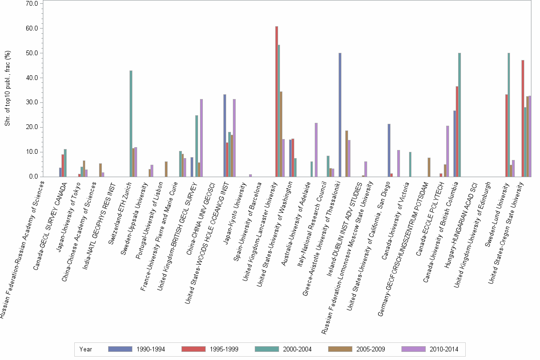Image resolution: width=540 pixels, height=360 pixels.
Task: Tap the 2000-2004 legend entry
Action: click(283, 349)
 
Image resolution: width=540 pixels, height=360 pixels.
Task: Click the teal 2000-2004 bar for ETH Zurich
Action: click(131, 124)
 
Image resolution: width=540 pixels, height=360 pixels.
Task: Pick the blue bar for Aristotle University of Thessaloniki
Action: click(340, 115)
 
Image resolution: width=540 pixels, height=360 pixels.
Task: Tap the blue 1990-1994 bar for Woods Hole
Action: click(225, 136)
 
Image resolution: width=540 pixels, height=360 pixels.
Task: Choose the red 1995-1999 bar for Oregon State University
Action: click(523, 119)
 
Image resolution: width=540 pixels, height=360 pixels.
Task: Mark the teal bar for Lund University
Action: click(509, 115)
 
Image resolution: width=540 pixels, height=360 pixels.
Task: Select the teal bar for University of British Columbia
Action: click(460, 115)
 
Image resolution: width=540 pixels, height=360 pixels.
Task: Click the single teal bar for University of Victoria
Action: click(410, 164)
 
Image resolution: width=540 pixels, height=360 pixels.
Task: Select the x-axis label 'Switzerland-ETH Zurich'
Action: click(127, 211)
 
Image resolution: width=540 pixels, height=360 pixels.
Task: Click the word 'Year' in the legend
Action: click(86, 349)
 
